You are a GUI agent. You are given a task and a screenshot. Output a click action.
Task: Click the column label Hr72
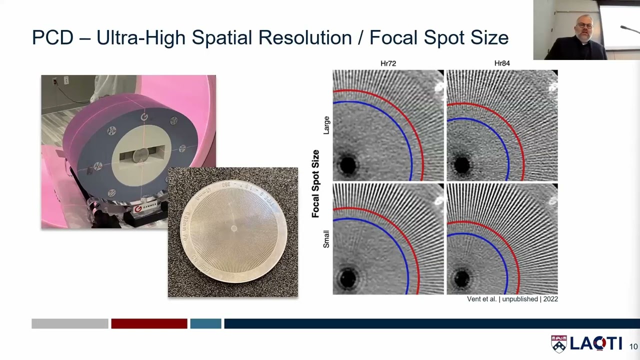pos(388,63)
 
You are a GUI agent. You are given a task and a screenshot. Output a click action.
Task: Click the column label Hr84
pos(502,63)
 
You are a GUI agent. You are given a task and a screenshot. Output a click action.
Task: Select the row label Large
pos(326,125)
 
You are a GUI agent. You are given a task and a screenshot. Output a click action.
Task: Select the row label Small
pos(326,239)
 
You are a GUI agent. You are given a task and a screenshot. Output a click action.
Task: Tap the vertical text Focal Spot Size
pos(315,183)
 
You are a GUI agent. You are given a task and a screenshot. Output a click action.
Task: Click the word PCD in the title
pos(52,38)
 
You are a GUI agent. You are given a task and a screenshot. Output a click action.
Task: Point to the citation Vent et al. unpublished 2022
pos(512,299)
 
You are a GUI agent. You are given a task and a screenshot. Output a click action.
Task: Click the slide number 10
pos(633,346)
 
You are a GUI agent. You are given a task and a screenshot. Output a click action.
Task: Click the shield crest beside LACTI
pos(558,343)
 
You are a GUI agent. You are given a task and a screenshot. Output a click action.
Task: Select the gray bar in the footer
pos(70,324)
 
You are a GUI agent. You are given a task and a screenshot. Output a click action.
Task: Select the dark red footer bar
pos(149,324)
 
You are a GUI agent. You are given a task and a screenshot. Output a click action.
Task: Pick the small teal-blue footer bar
pos(205,324)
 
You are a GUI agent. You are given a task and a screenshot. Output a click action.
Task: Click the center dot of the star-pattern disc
pos(234,229)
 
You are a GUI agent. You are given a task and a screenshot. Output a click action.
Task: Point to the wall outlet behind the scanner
pos(66,80)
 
